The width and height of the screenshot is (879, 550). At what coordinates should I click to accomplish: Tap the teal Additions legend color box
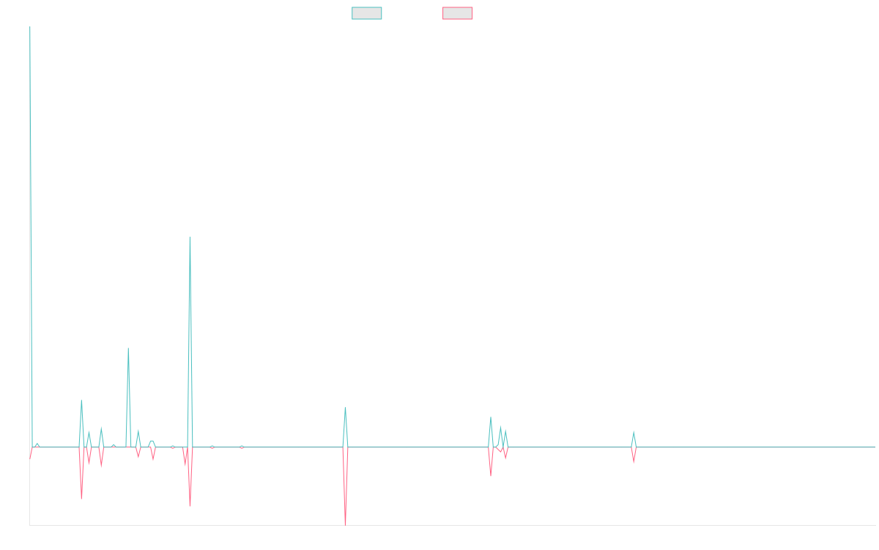367,13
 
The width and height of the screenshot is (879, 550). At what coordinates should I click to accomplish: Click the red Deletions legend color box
457,13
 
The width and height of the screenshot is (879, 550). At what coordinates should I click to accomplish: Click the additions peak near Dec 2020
190,237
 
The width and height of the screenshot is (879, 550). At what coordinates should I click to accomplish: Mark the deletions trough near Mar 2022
345,524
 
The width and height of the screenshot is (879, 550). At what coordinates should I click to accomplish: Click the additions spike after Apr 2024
634,431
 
